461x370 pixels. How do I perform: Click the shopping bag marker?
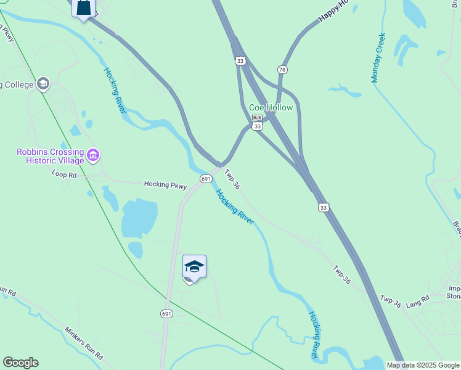[x=84, y=8]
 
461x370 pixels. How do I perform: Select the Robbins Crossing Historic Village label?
[x=51, y=156]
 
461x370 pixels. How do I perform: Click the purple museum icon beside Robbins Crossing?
[x=93, y=154]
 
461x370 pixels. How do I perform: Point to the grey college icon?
[x=43, y=83]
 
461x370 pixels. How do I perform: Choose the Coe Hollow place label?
[x=271, y=107]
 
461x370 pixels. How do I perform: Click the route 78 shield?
[x=282, y=70]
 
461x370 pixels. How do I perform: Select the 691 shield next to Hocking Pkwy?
[x=206, y=179]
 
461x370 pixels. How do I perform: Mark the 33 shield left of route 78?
[x=240, y=60]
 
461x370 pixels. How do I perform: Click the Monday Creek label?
[x=378, y=57]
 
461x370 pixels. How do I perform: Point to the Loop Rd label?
[x=64, y=175]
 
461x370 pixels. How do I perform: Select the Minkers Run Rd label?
[x=84, y=342]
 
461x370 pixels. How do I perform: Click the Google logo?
[x=20, y=363]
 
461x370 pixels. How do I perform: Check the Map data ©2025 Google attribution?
[x=422, y=365]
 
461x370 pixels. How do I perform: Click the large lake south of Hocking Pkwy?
[x=139, y=218]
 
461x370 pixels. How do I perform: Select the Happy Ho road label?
[x=333, y=12]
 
